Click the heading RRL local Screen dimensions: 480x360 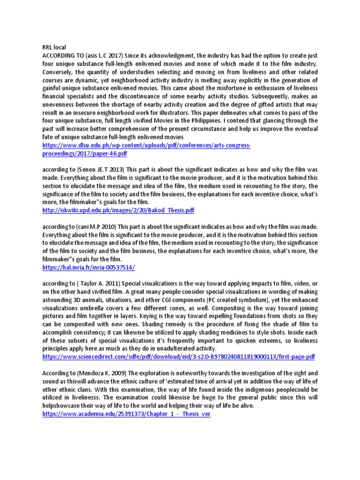[x=54, y=47]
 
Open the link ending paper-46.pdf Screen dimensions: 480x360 [x=84, y=153]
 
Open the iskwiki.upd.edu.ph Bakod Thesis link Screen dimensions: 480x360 [x=118, y=210]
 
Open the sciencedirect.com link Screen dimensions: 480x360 [x=178, y=357]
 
